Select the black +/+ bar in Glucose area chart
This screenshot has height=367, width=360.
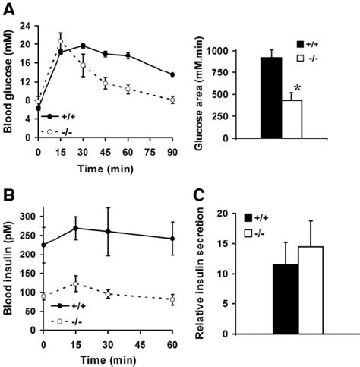point(271,98)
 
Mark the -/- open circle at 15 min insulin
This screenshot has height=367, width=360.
point(74,284)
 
